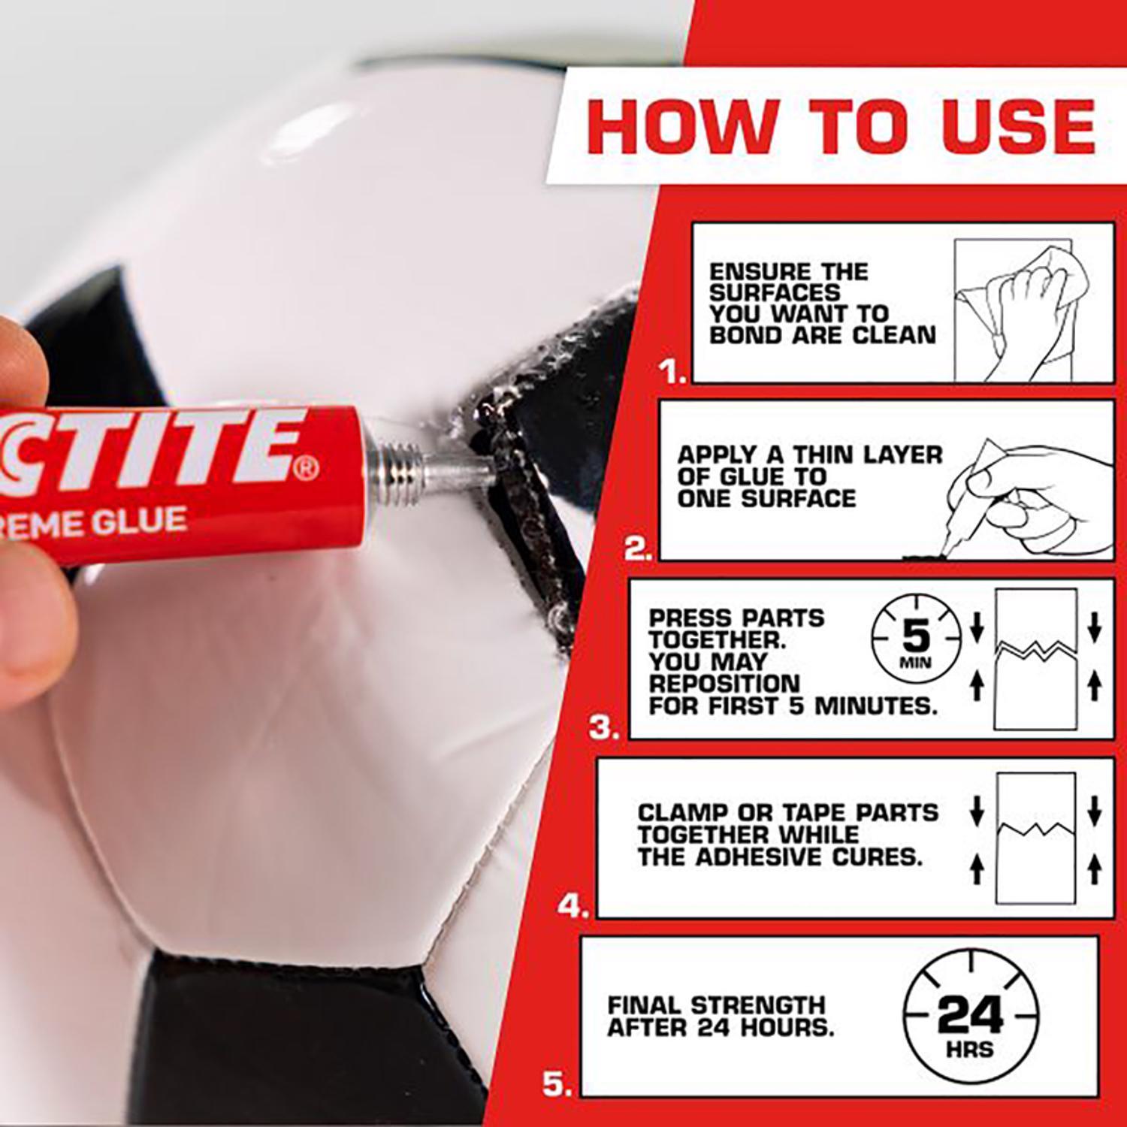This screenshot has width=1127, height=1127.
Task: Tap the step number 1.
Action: [672, 371]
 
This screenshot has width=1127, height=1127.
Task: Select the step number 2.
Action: [638, 549]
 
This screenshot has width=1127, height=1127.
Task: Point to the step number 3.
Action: [604, 727]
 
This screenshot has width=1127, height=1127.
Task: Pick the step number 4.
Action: [572, 906]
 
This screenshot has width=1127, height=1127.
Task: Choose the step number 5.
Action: [557, 1084]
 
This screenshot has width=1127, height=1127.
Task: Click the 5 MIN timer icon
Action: [916, 639]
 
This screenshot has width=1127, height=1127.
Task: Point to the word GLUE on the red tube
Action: [140, 521]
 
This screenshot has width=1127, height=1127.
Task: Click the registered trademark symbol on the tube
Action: [307, 470]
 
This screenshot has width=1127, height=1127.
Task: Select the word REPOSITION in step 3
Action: [724, 684]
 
